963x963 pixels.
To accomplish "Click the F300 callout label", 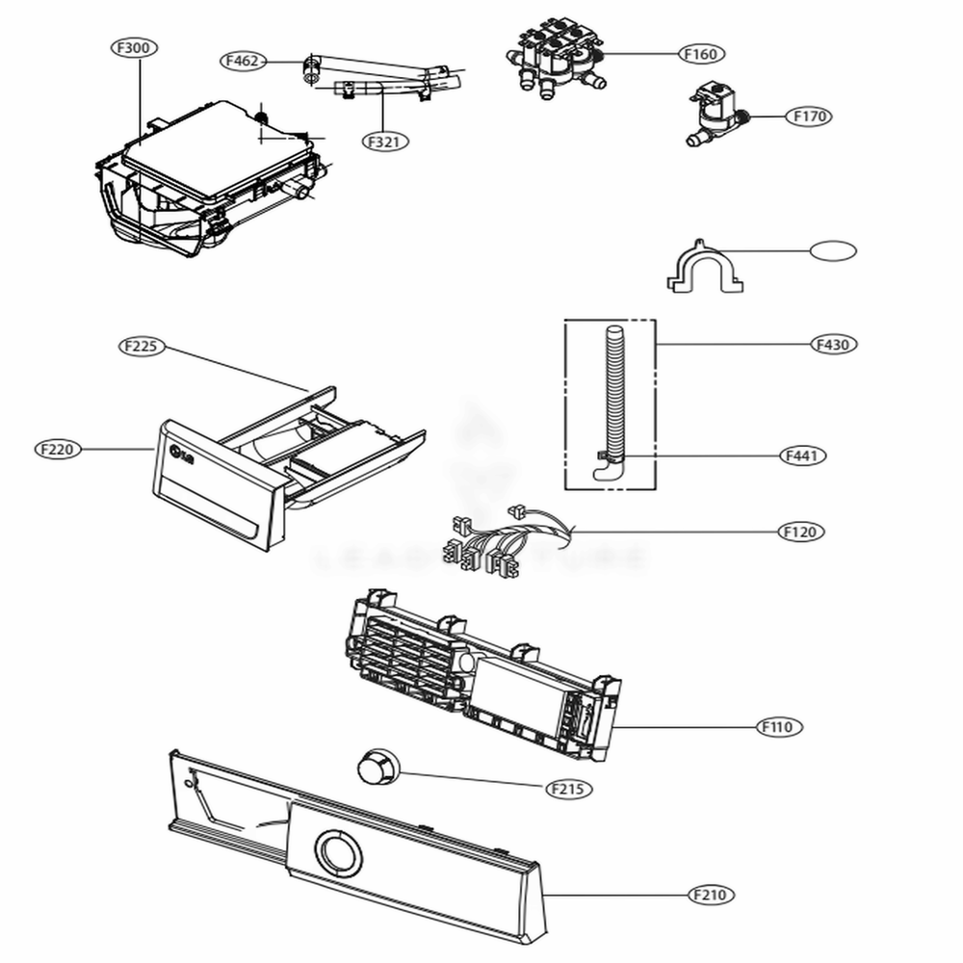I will pyautogui.click(x=136, y=48).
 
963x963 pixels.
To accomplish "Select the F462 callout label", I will pyautogui.click(x=242, y=62).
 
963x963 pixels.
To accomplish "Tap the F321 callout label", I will pyautogui.click(x=385, y=141).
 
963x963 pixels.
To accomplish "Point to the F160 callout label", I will pyautogui.click(x=700, y=54).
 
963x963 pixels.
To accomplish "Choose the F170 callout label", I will pyautogui.click(x=808, y=117).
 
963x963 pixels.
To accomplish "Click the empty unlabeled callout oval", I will pyautogui.click(x=832, y=251).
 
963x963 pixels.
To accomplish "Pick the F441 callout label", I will pyautogui.click(x=801, y=455).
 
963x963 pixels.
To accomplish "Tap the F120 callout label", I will pyautogui.click(x=801, y=532).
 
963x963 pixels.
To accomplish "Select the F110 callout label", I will pyautogui.click(x=775, y=727).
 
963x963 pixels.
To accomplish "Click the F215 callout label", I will pyautogui.click(x=568, y=789).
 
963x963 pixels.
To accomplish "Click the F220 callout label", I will pyautogui.click(x=59, y=449).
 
